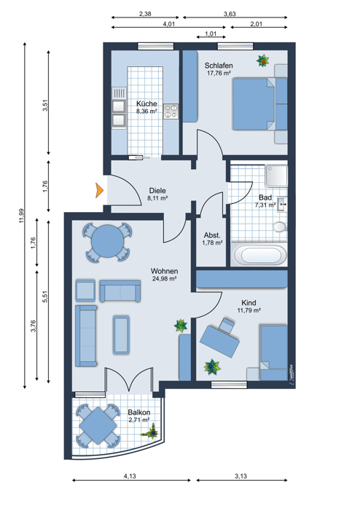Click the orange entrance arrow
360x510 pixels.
tap(99, 190)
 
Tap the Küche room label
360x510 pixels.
tap(146, 103)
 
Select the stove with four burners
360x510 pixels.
tap(171, 111)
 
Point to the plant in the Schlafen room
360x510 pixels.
tap(262, 60)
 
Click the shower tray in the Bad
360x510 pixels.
tap(276, 176)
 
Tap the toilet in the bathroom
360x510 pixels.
tap(280, 227)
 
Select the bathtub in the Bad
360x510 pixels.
tap(260, 255)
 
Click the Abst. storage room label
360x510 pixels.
tap(212, 235)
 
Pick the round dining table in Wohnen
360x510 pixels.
tap(107, 242)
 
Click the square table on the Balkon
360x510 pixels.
tap(98, 425)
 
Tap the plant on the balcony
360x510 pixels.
tap(150, 431)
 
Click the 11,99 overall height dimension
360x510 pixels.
tap(21, 216)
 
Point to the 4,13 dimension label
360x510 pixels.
tap(130, 476)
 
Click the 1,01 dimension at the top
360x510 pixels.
tap(211, 34)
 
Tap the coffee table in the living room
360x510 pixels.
tap(121, 334)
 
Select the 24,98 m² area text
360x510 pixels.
tap(164, 279)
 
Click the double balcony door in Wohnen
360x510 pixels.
tap(130, 380)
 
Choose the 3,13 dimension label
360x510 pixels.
tap(240, 476)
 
